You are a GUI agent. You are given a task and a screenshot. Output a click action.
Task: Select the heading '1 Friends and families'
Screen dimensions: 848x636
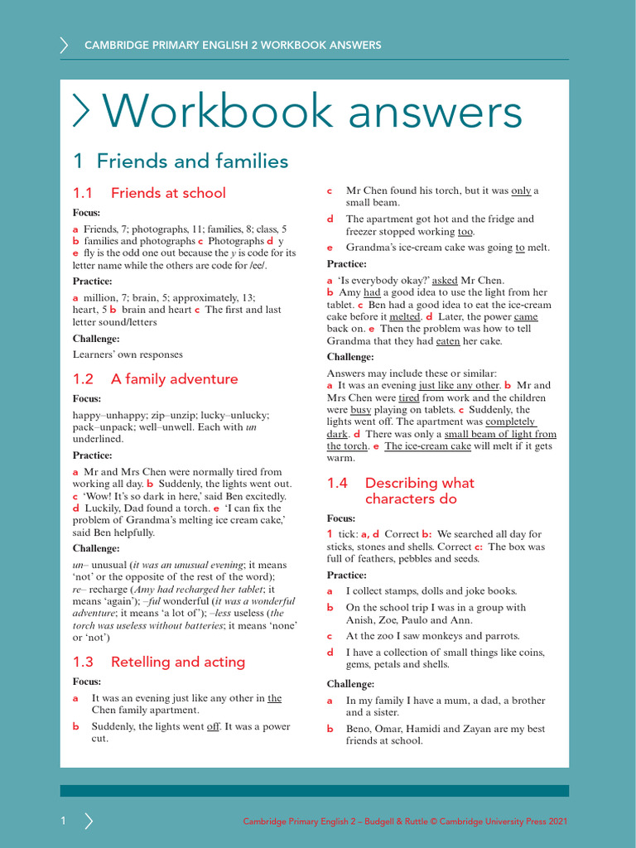181,161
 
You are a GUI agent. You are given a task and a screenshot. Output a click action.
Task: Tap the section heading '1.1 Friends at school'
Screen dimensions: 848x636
149,193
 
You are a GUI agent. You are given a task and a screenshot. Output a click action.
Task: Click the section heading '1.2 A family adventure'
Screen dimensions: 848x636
155,379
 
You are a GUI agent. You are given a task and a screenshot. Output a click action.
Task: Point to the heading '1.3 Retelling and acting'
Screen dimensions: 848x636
159,662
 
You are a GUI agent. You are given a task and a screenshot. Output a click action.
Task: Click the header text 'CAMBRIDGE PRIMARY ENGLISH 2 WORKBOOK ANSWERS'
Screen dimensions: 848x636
233,45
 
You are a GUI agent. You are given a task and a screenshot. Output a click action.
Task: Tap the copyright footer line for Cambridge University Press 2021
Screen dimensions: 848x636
405,821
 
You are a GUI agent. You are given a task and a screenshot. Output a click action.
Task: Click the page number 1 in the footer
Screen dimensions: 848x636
62,821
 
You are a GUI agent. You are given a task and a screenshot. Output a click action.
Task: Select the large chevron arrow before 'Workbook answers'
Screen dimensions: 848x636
83,111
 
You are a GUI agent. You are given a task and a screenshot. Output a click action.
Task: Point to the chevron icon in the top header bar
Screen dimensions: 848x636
64,45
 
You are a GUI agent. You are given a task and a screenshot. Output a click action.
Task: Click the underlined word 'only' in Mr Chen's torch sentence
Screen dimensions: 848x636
521,190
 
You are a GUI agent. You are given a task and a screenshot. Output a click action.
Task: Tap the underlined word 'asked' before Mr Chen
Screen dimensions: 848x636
445,281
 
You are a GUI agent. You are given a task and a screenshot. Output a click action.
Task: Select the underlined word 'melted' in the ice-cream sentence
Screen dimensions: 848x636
404,316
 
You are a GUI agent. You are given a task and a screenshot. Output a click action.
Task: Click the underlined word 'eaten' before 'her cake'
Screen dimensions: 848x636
448,340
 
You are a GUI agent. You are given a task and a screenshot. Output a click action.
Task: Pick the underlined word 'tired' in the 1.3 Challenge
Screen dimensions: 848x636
408,397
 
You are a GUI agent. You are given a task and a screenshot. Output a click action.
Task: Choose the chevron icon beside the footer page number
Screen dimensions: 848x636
89,821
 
